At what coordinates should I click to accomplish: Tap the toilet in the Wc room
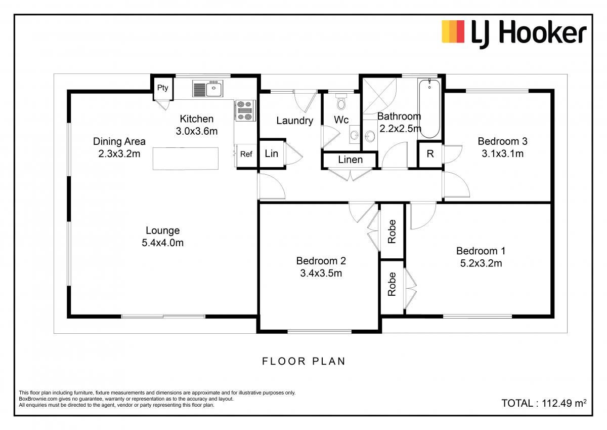(341, 102)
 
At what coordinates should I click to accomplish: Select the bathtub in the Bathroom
(429, 108)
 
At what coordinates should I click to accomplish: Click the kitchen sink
(208, 89)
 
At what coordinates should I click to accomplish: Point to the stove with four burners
(245, 110)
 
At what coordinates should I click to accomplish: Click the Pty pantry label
(162, 88)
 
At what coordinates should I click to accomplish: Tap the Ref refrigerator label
(246, 154)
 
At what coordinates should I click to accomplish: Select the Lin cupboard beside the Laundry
(272, 153)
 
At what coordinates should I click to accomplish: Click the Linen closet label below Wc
(350, 160)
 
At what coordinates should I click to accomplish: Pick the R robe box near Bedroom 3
(430, 154)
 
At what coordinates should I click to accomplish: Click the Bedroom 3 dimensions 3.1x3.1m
(502, 153)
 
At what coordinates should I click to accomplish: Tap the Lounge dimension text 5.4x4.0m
(162, 243)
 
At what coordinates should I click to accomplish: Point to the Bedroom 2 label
(321, 261)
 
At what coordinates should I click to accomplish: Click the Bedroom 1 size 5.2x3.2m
(481, 263)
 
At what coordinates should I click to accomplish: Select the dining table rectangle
(186, 159)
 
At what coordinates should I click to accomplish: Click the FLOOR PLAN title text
(304, 361)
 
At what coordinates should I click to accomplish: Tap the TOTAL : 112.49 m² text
(544, 403)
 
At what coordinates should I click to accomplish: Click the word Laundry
(294, 121)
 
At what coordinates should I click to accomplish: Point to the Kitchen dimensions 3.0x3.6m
(196, 131)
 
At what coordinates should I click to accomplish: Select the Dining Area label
(119, 141)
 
